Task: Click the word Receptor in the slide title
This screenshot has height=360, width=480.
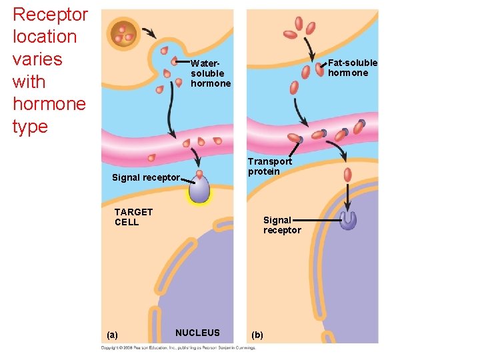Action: pyautogui.click(x=50, y=15)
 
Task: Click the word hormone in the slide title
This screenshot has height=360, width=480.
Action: pyautogui.click(x=49, y=104)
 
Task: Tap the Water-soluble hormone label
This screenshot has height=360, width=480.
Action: pyautogui.click(x=210, y=73)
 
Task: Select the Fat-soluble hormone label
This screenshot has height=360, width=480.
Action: pyautogui.click(x=352, y=67)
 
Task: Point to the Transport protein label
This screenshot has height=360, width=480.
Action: pyautogui.click(x=269, y=166)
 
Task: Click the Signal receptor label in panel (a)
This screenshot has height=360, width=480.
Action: pyautogui.click(x=145, y=177)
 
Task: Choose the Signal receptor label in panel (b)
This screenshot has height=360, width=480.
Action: pyautogui.click(x=282, y=225)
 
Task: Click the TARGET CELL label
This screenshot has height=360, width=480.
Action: pyautogui.click(x=133, y=217)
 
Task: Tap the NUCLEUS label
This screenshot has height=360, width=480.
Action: pyautogui.click(x=197, y=333)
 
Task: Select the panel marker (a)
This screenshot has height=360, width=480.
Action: pyautogui.click(x=112, y=335)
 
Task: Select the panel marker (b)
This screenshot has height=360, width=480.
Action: pyautogui.click(x=257, y=335)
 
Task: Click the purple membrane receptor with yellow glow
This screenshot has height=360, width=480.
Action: pyautogui.click(x=199, y=190)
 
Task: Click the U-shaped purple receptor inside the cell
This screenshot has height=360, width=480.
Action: pyautogui.click(x=347, y=220)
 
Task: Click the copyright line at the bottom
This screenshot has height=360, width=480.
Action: pyautogui.click(x=178, y=348)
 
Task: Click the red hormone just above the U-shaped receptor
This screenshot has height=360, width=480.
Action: pyautogui.click(x=347, y=175)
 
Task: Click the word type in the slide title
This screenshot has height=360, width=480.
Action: pyautogui.click(x=31, y=127)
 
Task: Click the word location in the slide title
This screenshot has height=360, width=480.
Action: pyautogui.click(x=45, y=37)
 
